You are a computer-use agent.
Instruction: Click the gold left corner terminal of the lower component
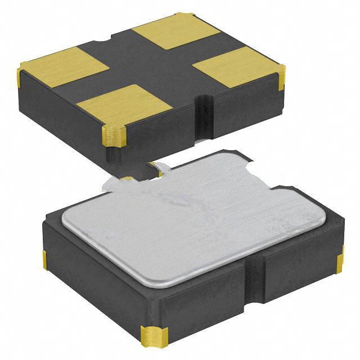44,260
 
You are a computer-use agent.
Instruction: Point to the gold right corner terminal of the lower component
340,263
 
